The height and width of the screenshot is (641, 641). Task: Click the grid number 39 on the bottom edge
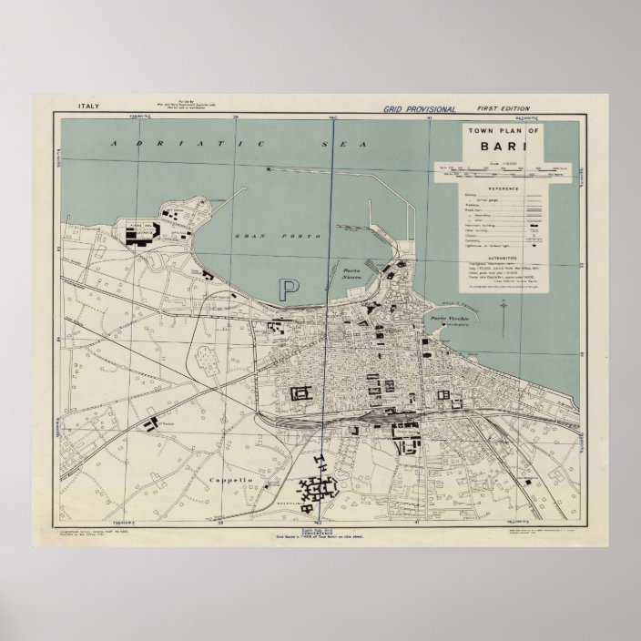pyautogui.click(x=220, y=524)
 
